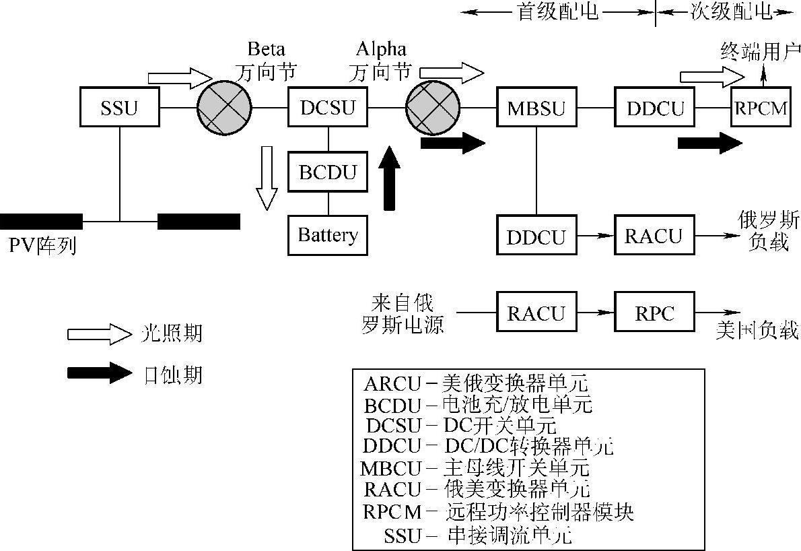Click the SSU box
120,107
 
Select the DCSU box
328,107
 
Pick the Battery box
328,235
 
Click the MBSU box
536,107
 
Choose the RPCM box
762,107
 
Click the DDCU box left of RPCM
655,107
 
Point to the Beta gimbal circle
224,107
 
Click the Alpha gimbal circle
432,107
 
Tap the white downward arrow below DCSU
267,177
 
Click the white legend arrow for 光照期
99,333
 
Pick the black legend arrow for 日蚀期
99,372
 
